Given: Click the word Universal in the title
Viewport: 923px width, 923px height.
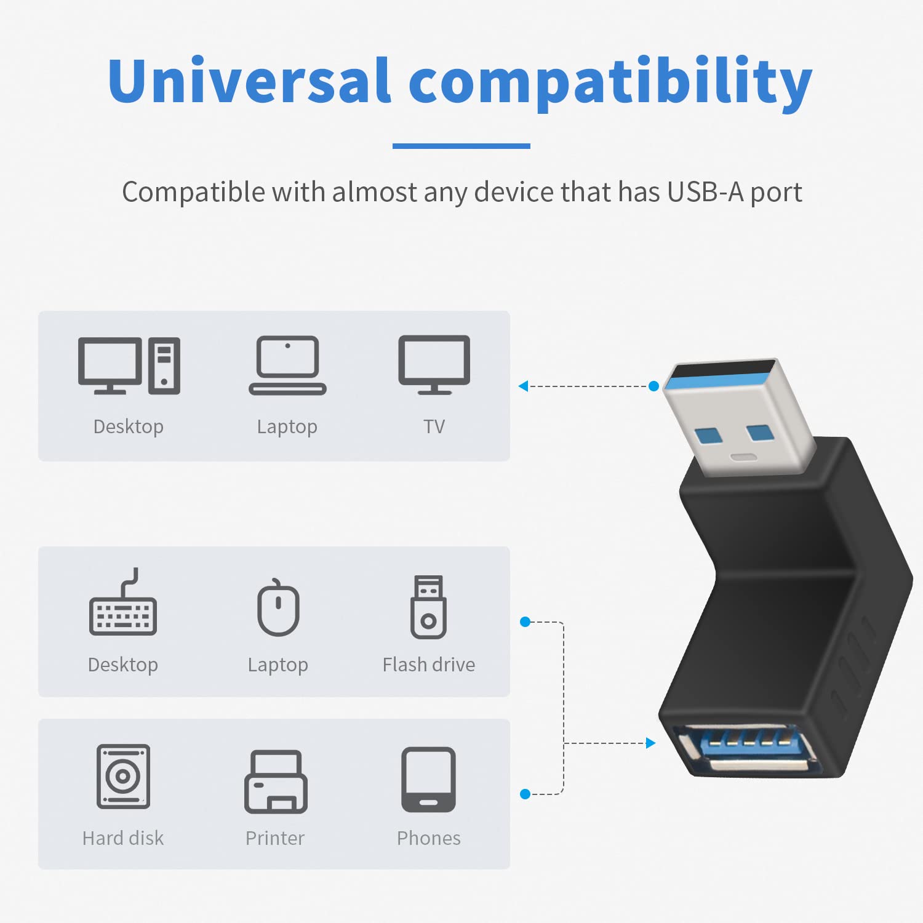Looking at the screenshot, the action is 249,81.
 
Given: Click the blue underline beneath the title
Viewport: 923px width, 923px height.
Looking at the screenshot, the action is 461,146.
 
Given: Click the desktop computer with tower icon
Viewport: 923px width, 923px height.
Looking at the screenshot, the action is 129,366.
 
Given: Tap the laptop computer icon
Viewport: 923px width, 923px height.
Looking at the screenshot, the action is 287,366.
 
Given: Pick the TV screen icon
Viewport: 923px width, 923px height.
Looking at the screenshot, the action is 434,365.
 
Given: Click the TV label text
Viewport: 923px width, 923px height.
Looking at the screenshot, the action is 434,426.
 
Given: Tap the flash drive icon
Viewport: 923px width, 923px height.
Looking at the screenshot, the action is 428,607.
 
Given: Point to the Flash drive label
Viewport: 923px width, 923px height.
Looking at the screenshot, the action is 428,665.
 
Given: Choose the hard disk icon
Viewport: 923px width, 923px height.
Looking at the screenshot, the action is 123,776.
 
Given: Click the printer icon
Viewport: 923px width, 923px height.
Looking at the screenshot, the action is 276,781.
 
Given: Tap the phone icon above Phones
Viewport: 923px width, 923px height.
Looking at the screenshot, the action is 428,780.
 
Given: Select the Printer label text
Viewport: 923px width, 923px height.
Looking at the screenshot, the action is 275,838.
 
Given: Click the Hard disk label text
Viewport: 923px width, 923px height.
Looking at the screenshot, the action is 123,838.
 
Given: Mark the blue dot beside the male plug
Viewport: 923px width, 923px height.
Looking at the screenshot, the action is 653,386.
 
